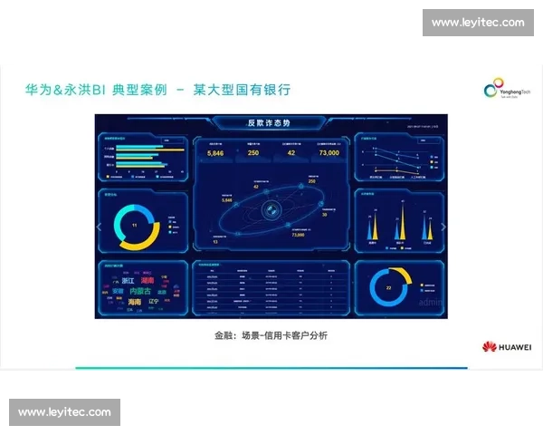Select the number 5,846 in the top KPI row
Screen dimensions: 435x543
click(215, 153)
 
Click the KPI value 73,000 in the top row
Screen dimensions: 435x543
click(329, 153)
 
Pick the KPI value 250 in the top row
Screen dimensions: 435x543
click(253, 153)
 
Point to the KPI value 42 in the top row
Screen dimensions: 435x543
click(291, 153)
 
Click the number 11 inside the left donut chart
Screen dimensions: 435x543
click(134, 225)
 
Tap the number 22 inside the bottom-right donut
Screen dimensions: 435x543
click(388, 287)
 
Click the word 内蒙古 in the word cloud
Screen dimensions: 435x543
click(140, 292)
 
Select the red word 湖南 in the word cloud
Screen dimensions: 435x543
click(148, 281)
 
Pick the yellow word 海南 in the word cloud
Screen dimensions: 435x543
click(135, 302)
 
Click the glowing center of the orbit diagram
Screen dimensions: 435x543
click(268, 209)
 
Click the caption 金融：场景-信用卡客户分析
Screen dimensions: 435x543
click(271, 336)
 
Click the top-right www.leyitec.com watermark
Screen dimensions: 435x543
click(478, 22)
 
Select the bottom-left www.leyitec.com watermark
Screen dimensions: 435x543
click(64, 412)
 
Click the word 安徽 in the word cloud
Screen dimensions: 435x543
click(119, 292)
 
